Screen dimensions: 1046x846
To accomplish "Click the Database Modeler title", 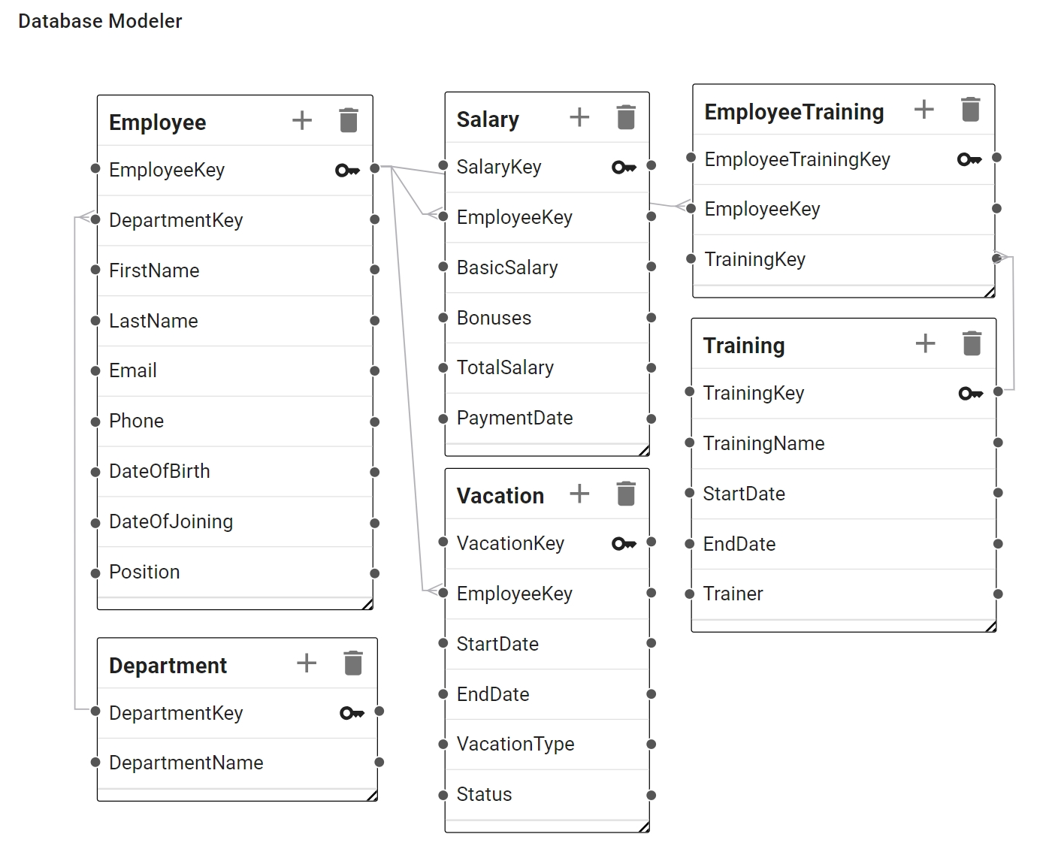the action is tap(100, 21).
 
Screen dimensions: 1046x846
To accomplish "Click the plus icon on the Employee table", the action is tap(302, 120).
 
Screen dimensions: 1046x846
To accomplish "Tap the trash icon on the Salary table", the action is tap(626, 117).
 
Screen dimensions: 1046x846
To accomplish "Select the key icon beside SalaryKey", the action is tap(624, 168).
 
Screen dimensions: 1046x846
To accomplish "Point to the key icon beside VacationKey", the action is tap(624, 543).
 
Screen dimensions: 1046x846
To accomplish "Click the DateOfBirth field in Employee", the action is tap(159, 471).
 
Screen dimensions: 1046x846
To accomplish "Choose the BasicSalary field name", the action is tap(506, 267).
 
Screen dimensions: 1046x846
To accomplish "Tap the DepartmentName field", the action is tap(186, 763).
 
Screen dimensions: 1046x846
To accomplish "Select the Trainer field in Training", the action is tap(733, 594).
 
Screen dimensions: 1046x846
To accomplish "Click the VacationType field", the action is tap(515, 744).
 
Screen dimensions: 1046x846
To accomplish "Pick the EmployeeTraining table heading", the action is tap(794, 112).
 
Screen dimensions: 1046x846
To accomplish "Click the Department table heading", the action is tap(168, 666).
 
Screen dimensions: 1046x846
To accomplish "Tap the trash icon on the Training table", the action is tap(972, 343).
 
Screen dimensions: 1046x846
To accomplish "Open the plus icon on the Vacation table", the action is tap(579, 494).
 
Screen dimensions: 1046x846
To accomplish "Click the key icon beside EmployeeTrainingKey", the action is tap(969, 159).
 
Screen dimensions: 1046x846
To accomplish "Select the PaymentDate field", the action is tap(515, 418).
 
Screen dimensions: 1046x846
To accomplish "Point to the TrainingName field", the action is tap(763, 443).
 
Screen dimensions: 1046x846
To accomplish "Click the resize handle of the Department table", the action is tap(372, 796).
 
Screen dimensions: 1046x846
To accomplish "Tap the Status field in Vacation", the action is tap(484, 794).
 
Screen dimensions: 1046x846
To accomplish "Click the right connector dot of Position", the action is tap(375, 573).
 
